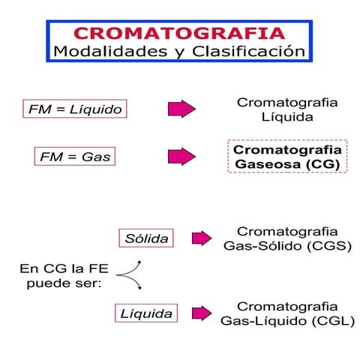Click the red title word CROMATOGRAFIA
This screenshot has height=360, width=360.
click(179, 33)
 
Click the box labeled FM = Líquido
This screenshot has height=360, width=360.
click(73, 109)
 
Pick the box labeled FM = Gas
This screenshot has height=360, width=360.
click(73, 157)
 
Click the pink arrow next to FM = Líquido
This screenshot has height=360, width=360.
click(181, 109)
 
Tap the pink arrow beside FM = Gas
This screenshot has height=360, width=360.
click(181, 157)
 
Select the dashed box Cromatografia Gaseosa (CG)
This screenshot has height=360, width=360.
click(286, 156)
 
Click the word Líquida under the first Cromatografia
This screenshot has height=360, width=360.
click(286, 118)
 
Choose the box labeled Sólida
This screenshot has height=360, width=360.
click(145, 238)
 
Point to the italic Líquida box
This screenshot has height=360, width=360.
click(147, 313)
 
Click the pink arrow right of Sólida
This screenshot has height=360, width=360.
click(202, 238)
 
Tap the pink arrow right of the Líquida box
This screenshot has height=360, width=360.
click(202, 313)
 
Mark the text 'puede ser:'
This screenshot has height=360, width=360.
click(57, 283)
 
